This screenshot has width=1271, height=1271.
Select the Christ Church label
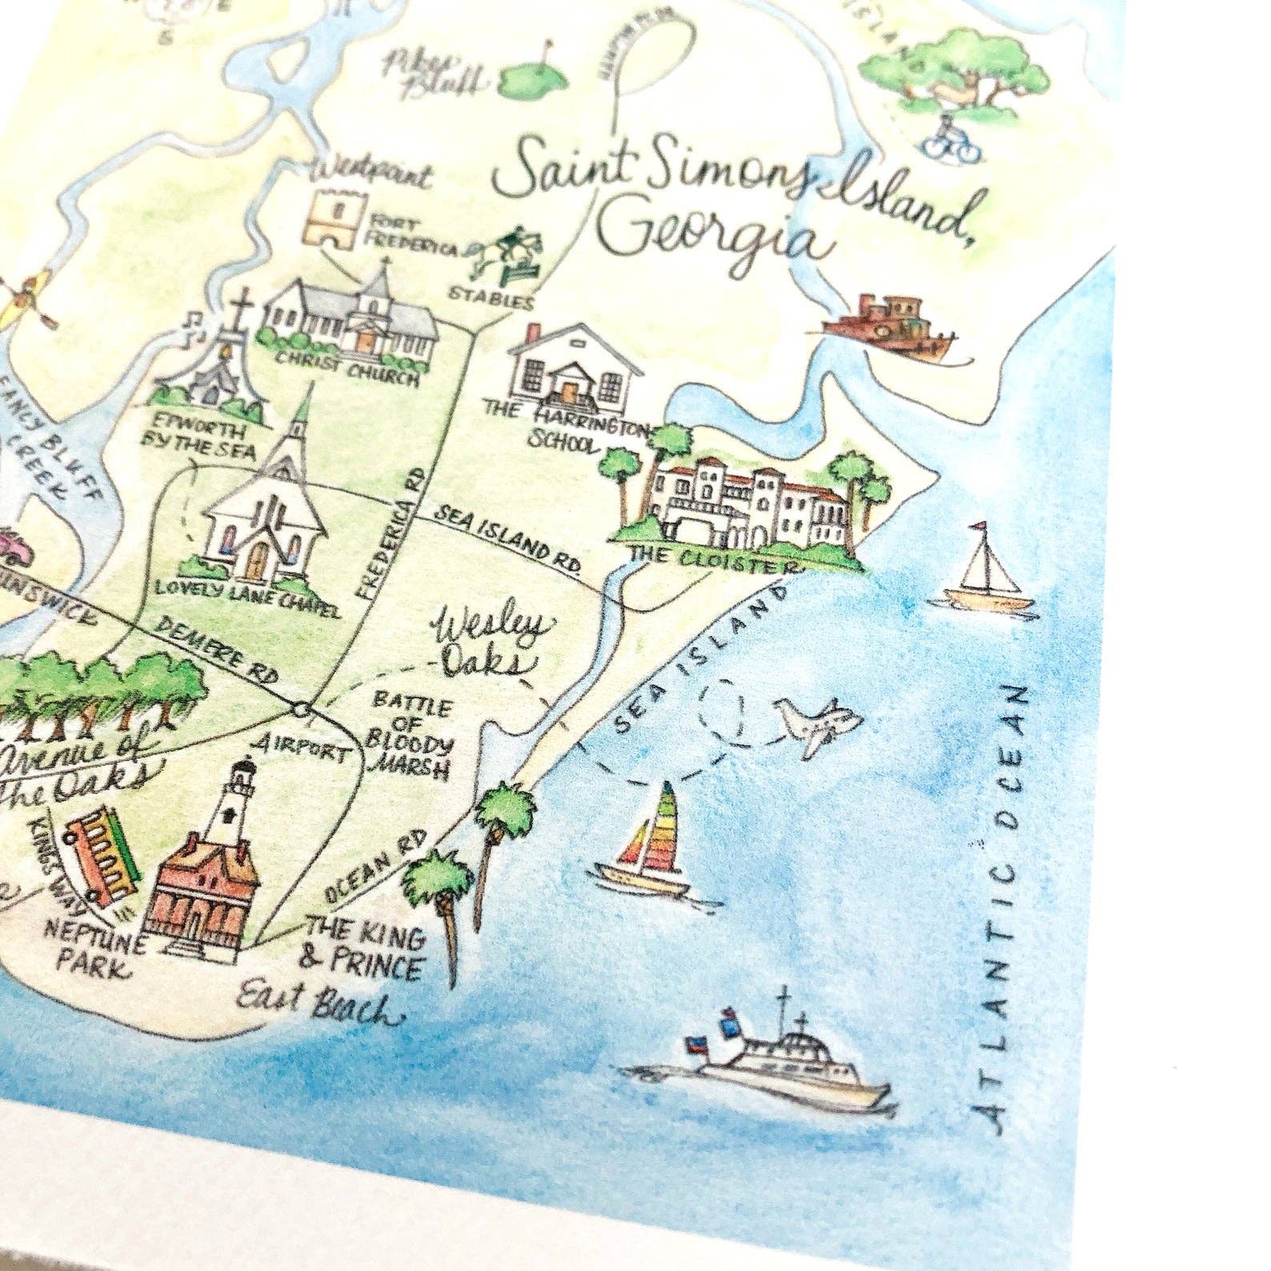(x=347, y=371)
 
